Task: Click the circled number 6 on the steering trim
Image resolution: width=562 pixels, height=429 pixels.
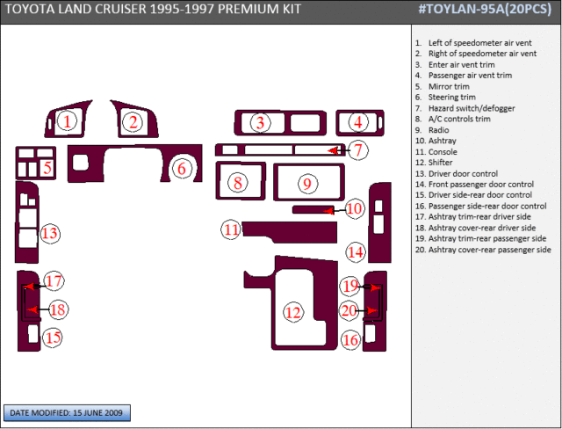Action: point(182,168)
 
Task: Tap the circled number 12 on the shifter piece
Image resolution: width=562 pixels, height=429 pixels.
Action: point(293,312)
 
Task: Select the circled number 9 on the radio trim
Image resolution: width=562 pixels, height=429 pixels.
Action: point(307,184)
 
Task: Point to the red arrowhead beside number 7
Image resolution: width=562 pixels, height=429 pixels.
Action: point(334,150)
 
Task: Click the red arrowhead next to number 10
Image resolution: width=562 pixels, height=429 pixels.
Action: point(329,211)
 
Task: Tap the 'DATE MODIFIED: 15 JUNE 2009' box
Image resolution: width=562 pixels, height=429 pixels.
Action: point(67,413)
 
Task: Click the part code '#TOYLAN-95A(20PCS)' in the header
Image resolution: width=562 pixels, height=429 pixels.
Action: point(485,10)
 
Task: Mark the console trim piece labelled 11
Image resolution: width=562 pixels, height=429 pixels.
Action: point(290,232)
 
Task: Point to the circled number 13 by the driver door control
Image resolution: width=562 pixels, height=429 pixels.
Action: point(50,234)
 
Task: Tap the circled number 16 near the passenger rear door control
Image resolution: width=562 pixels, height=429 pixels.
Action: point(351,339)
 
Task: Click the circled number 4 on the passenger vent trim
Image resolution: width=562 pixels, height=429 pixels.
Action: point(358,122)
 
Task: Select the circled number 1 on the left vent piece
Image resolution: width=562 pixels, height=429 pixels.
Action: point(67,121)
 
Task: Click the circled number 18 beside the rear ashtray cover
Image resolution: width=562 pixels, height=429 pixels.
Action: point(58,309)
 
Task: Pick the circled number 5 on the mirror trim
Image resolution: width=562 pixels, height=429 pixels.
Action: point(47,168)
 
